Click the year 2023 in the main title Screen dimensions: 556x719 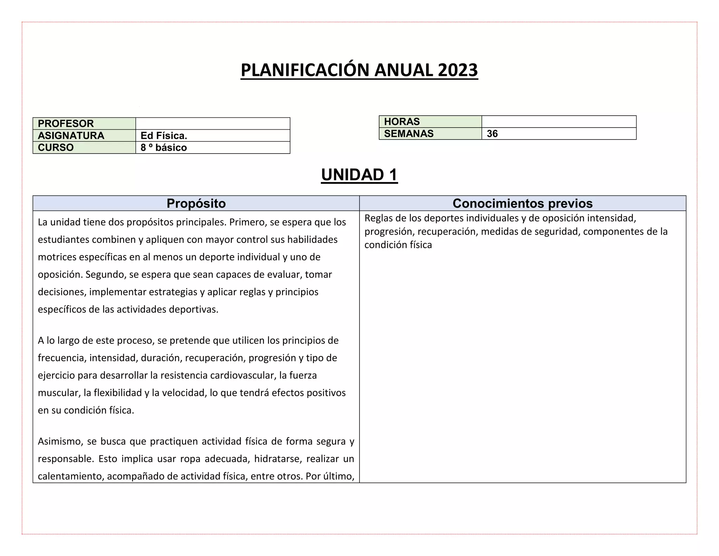tap(458, 70)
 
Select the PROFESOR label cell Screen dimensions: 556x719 tap(84, 124)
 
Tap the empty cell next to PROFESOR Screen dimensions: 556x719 tap(213, 124)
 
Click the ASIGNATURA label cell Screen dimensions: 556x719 tap(84, 136)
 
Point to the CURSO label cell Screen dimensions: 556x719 tap(84, 148)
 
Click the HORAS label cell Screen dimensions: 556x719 tap(430, 122)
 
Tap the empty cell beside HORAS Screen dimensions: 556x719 tap(559, 122)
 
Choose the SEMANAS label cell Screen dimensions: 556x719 tap(430, 134)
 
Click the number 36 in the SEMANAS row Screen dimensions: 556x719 tap(492, 134)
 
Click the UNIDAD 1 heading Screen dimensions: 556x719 tap(359, 175)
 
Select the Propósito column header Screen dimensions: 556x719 tap(196, 203)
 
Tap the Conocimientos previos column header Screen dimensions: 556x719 tap(522, 203)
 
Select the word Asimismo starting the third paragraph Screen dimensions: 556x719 tap(60, 441)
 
